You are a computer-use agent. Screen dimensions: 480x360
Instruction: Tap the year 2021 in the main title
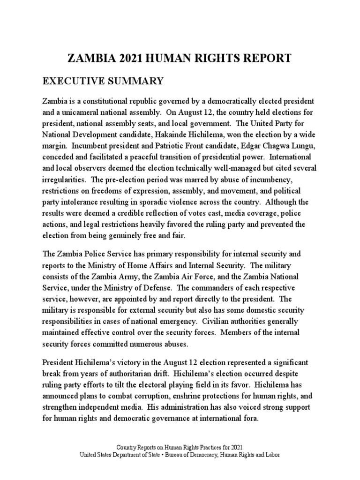coord(131,58)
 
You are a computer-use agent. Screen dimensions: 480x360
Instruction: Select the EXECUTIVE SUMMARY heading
coord(103,81)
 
